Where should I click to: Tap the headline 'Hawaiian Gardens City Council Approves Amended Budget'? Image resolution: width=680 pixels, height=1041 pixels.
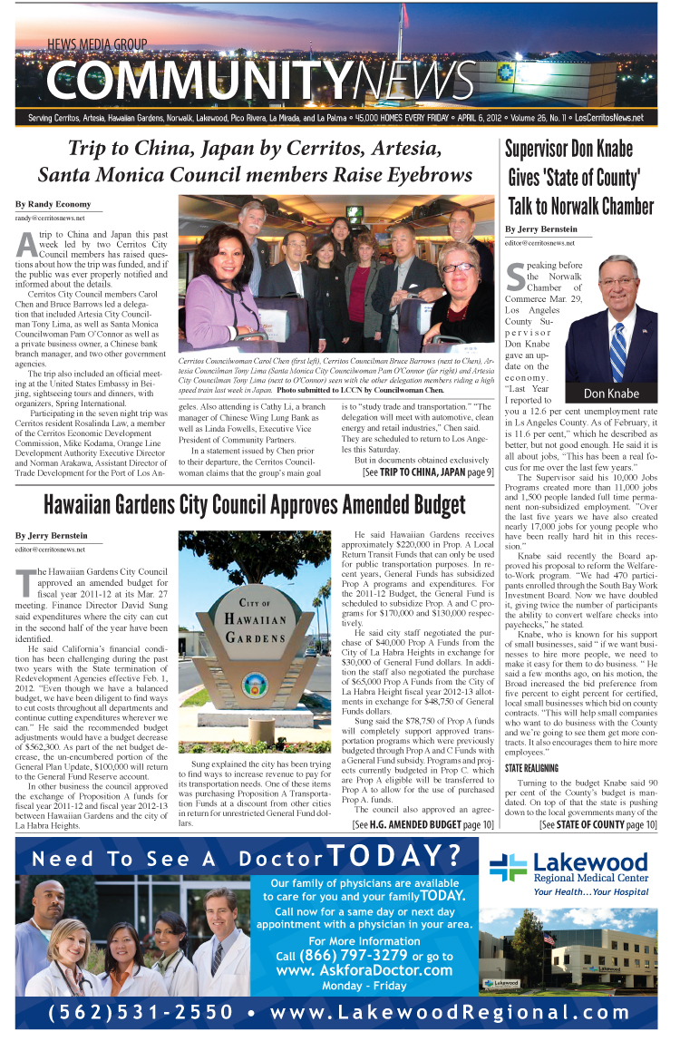pyautogui.click(x=255, y=504)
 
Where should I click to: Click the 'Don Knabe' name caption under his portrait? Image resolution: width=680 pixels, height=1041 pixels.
pyautogui.click(x=611, y=394)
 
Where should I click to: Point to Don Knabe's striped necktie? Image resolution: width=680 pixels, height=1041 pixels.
pyautogui.click(x=617, y=349)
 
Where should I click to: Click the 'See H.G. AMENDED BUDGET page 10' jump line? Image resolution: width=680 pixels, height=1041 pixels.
pyautogui.click(x=423, y=824)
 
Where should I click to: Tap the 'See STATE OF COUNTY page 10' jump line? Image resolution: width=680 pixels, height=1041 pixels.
pyautogui.click(x=597, y=825)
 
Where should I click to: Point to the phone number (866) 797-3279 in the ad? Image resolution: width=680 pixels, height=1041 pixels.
pyautogui.click(x=357, y=956)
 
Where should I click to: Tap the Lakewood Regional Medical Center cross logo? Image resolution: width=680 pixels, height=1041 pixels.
pyautogui.click(x=508, y=866)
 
